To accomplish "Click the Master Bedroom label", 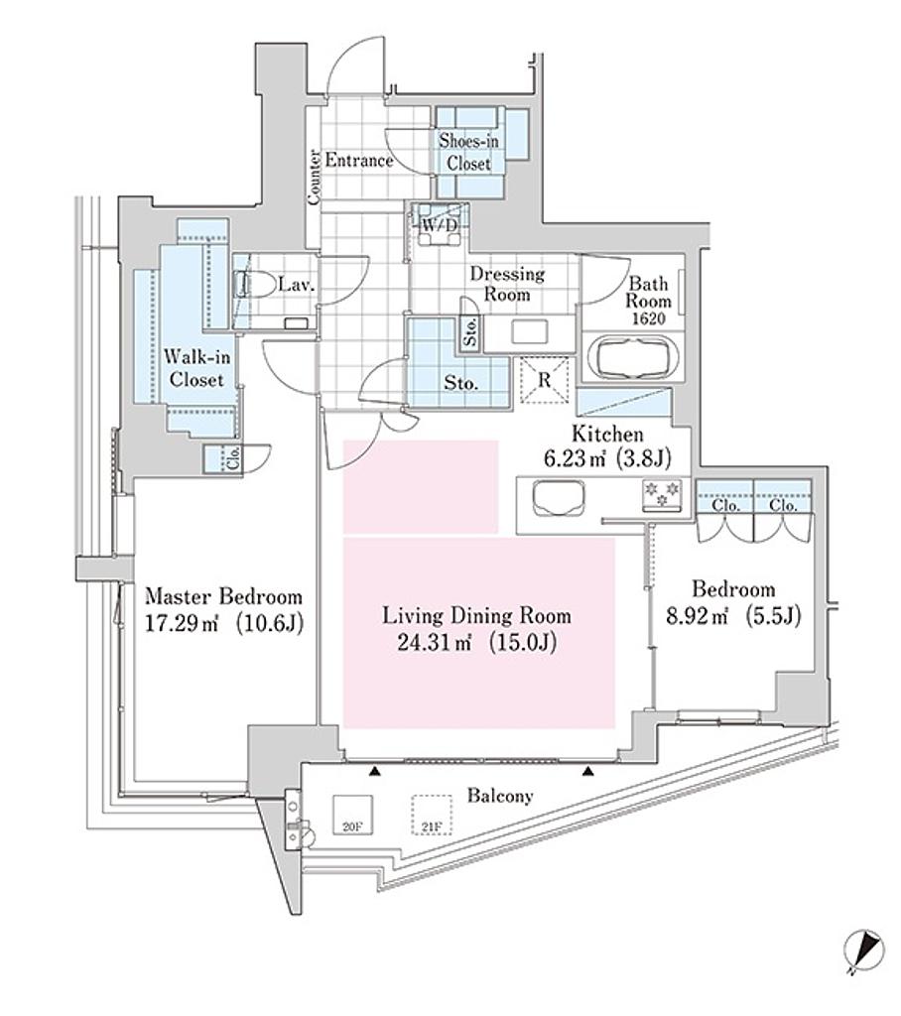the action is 223,595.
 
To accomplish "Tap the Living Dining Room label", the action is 476,615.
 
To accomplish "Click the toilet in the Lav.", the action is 253,284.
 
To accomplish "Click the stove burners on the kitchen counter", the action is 661,494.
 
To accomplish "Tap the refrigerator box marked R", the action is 545,380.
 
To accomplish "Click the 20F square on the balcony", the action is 352,815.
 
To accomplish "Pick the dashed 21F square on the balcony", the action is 432,815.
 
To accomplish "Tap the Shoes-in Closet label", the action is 468,152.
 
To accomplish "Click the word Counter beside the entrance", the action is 315,178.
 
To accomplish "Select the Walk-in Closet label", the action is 196,367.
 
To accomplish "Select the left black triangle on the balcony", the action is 375,771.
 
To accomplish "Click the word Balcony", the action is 500,796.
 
